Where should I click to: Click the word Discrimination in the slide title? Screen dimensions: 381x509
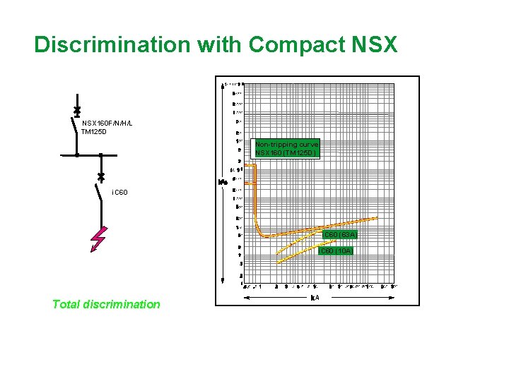pos(112,44)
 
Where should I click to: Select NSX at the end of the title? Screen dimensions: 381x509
pos(374,44)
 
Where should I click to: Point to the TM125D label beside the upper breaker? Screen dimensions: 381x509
pos(93,131)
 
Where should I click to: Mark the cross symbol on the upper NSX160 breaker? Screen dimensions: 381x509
pos(76,112)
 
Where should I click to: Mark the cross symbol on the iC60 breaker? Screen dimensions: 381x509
pos(100,174)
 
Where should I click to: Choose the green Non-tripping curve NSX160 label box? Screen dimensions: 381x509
pos(287,148)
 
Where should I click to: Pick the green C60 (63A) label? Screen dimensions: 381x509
pos(340,234)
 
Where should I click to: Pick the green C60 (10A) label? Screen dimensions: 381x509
pos(336,250)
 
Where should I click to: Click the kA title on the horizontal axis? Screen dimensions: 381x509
pos(315,297)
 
